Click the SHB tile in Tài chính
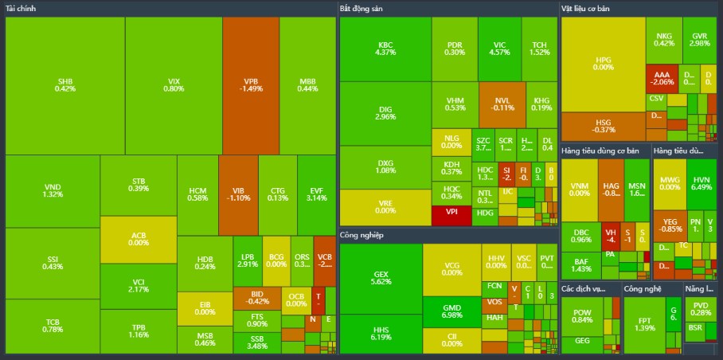[x=65, y=84]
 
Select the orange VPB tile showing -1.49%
[x=251, y=84]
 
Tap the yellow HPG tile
[x=603, y=64]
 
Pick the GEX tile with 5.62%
[x=381, y=278]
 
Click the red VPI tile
[x=451, y=214]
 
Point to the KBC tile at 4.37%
[x=385, y=48]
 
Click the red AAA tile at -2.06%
[x=662, y=77]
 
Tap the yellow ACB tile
[x=139, y=238]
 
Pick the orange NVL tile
[x=502, y=104]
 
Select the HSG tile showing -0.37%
[x=603, y=126]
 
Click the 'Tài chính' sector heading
[x=23, y=8]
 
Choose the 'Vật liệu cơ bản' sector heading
[x=590, y=8]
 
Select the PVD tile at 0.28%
[x=700, y=308]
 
